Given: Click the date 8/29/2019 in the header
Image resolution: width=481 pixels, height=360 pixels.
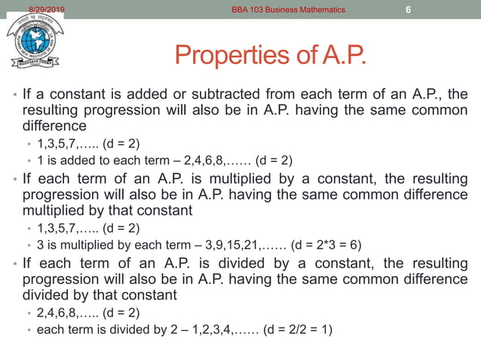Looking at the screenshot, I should (47, 9).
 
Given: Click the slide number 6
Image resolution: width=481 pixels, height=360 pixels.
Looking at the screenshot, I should (408, 10).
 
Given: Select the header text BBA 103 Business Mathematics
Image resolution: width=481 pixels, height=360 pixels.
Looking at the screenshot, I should (289, 10).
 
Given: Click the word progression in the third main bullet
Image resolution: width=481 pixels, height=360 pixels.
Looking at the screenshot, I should (57, 279).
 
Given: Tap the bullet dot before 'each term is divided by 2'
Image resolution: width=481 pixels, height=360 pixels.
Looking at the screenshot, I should (29, 330).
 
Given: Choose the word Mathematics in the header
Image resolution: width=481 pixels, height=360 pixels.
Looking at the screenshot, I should (317, 10).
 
